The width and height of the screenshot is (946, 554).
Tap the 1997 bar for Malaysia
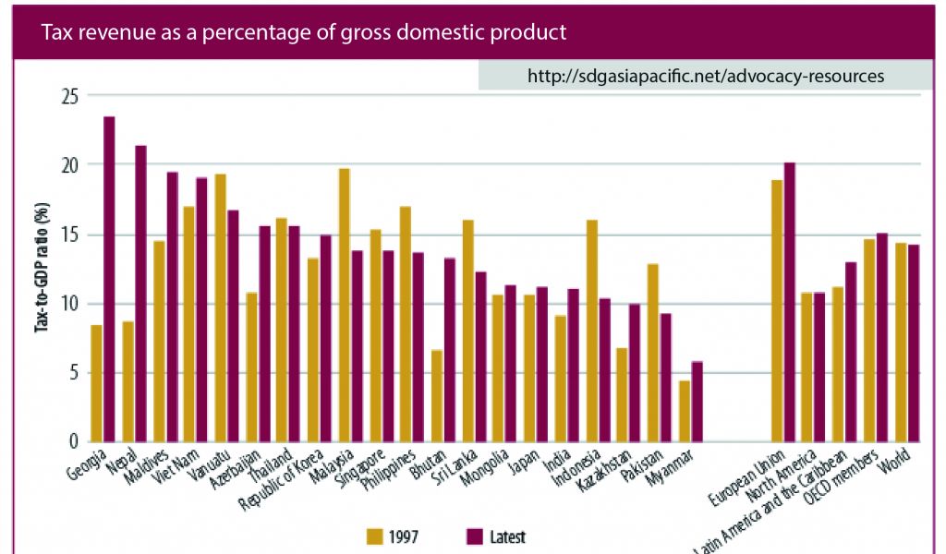[344, 306]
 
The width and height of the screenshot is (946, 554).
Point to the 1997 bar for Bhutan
[437, 396]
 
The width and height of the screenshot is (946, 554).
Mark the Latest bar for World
[914, 343]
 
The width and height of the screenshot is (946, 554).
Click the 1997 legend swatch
[375, 536]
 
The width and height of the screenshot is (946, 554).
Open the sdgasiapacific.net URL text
[706, 77]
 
